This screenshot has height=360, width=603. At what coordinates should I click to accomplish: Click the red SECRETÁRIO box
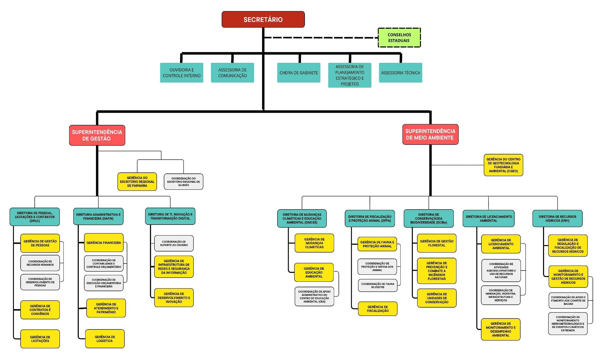click(x=263, y=19)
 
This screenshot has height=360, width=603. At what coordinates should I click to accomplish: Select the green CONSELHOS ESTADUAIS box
click(x=399, y=38)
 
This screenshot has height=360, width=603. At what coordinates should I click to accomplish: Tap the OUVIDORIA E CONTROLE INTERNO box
click(x=182, y=73)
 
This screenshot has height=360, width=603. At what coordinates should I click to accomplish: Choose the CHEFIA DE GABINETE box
click(x=299, y=73)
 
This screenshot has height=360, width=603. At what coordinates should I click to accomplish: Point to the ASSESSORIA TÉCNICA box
click(x=400, y=73)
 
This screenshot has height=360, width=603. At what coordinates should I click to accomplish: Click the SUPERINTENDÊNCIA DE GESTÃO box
click(x=97, y=135)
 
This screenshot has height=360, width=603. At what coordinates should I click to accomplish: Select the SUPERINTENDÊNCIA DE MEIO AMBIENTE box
click(x=430, y=134)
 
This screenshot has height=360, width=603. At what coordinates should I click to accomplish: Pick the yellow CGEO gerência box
click(x=503, y=165)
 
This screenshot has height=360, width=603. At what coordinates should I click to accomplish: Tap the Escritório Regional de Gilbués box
click(x=183, y=182)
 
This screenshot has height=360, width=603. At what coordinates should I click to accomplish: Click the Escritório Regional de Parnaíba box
click(x=137, y=182)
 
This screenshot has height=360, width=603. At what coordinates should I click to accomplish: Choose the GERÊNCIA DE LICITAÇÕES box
click(x=40, y=339)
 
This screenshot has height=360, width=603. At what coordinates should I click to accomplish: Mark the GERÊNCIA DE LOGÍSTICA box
click(x=105, y=339)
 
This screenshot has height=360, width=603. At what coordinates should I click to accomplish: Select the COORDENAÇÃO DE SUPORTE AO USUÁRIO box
click(x=174, y=243)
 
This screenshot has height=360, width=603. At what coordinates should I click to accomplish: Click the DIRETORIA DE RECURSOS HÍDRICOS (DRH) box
click(x=557, y=219)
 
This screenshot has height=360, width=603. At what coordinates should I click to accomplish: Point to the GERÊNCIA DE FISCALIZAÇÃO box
click(x=378, y=309)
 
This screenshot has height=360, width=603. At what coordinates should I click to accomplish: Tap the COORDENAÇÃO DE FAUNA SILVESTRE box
click(x=378, y=285)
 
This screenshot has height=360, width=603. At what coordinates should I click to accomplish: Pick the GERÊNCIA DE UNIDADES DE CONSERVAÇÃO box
click(x=437, y=298)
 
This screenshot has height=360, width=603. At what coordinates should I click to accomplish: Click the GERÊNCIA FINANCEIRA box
click(x=104, y=243)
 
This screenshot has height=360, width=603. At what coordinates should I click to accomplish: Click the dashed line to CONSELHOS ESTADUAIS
click(x=321, y=38)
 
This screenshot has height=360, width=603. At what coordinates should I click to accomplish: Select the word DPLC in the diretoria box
click(x=35, y=221)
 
